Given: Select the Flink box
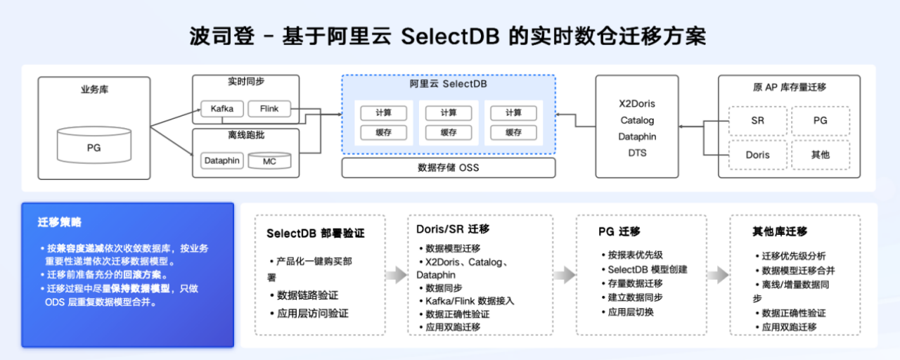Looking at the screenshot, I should [269, 109].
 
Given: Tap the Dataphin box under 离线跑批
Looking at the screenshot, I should [222, 161].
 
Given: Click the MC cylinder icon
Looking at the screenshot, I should [269, 161].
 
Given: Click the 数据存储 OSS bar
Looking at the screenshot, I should [448, 167].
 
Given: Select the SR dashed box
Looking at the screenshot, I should [757, 121].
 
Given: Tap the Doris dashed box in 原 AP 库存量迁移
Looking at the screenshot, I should [757, 155].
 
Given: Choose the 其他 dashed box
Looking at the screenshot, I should [821, 155].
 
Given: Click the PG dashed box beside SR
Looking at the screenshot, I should [821, 121].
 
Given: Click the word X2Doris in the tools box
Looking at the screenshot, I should [637, 103].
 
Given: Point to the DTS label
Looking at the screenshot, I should [637, 153].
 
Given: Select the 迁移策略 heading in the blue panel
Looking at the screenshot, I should [60, 222].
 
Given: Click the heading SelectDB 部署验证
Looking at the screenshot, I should [315, 233].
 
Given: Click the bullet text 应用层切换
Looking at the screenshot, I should [630, 311].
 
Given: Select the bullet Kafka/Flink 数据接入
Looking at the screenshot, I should [470, 301].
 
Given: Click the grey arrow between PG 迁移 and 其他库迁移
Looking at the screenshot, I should [718, 275].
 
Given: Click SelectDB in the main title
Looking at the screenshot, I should [450, 37].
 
